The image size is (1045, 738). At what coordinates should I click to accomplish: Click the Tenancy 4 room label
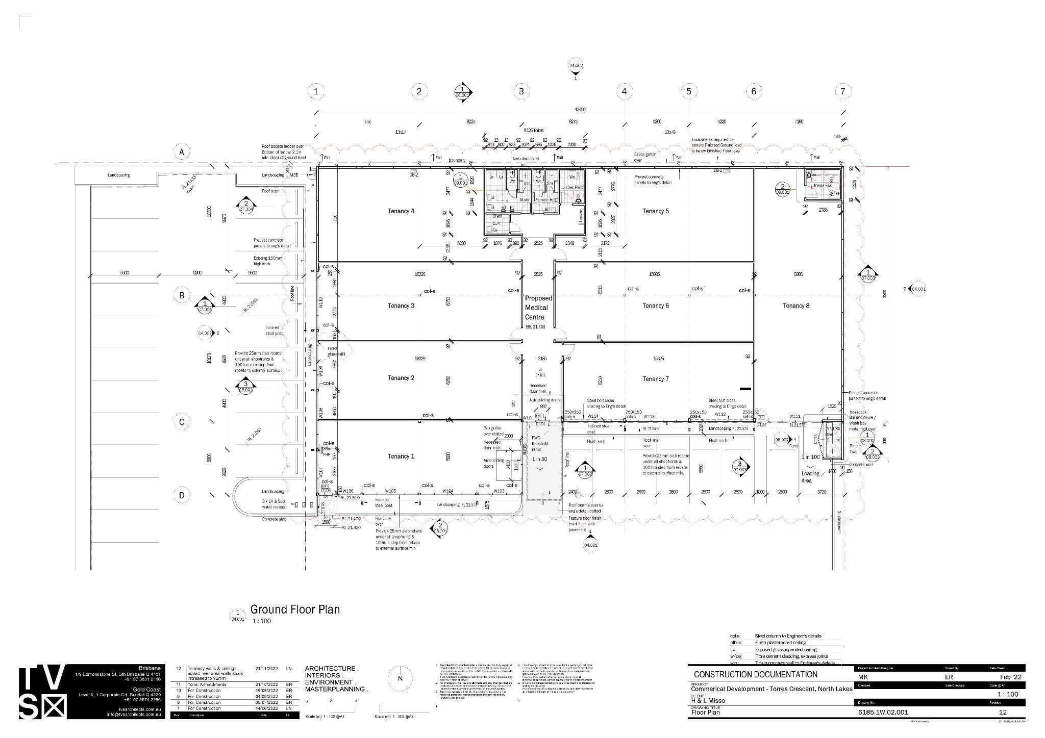point(401,211)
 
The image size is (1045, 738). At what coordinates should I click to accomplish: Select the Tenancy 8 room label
point(796,306)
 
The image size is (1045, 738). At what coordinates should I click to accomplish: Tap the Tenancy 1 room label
point(401,456)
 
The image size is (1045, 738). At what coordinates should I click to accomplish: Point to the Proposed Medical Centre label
point(538,308)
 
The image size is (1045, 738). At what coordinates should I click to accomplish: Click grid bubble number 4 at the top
point(624,91)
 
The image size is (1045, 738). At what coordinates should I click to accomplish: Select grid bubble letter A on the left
point(181,152)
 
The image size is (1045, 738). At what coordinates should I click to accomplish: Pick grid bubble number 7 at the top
point(842,91)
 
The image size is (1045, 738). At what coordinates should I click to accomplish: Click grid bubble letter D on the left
point(181,495)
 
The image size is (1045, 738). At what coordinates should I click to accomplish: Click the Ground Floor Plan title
point(294,609)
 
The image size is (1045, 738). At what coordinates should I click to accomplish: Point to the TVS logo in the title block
point(43,692)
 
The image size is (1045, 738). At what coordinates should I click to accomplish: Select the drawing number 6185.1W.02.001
point(883,712)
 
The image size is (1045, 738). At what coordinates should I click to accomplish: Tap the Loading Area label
point(810,477)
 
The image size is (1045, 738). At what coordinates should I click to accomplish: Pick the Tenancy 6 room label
point(656,306)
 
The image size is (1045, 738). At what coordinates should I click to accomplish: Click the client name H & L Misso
point(708,701)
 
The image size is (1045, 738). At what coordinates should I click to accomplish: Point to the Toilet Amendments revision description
point(207,684)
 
